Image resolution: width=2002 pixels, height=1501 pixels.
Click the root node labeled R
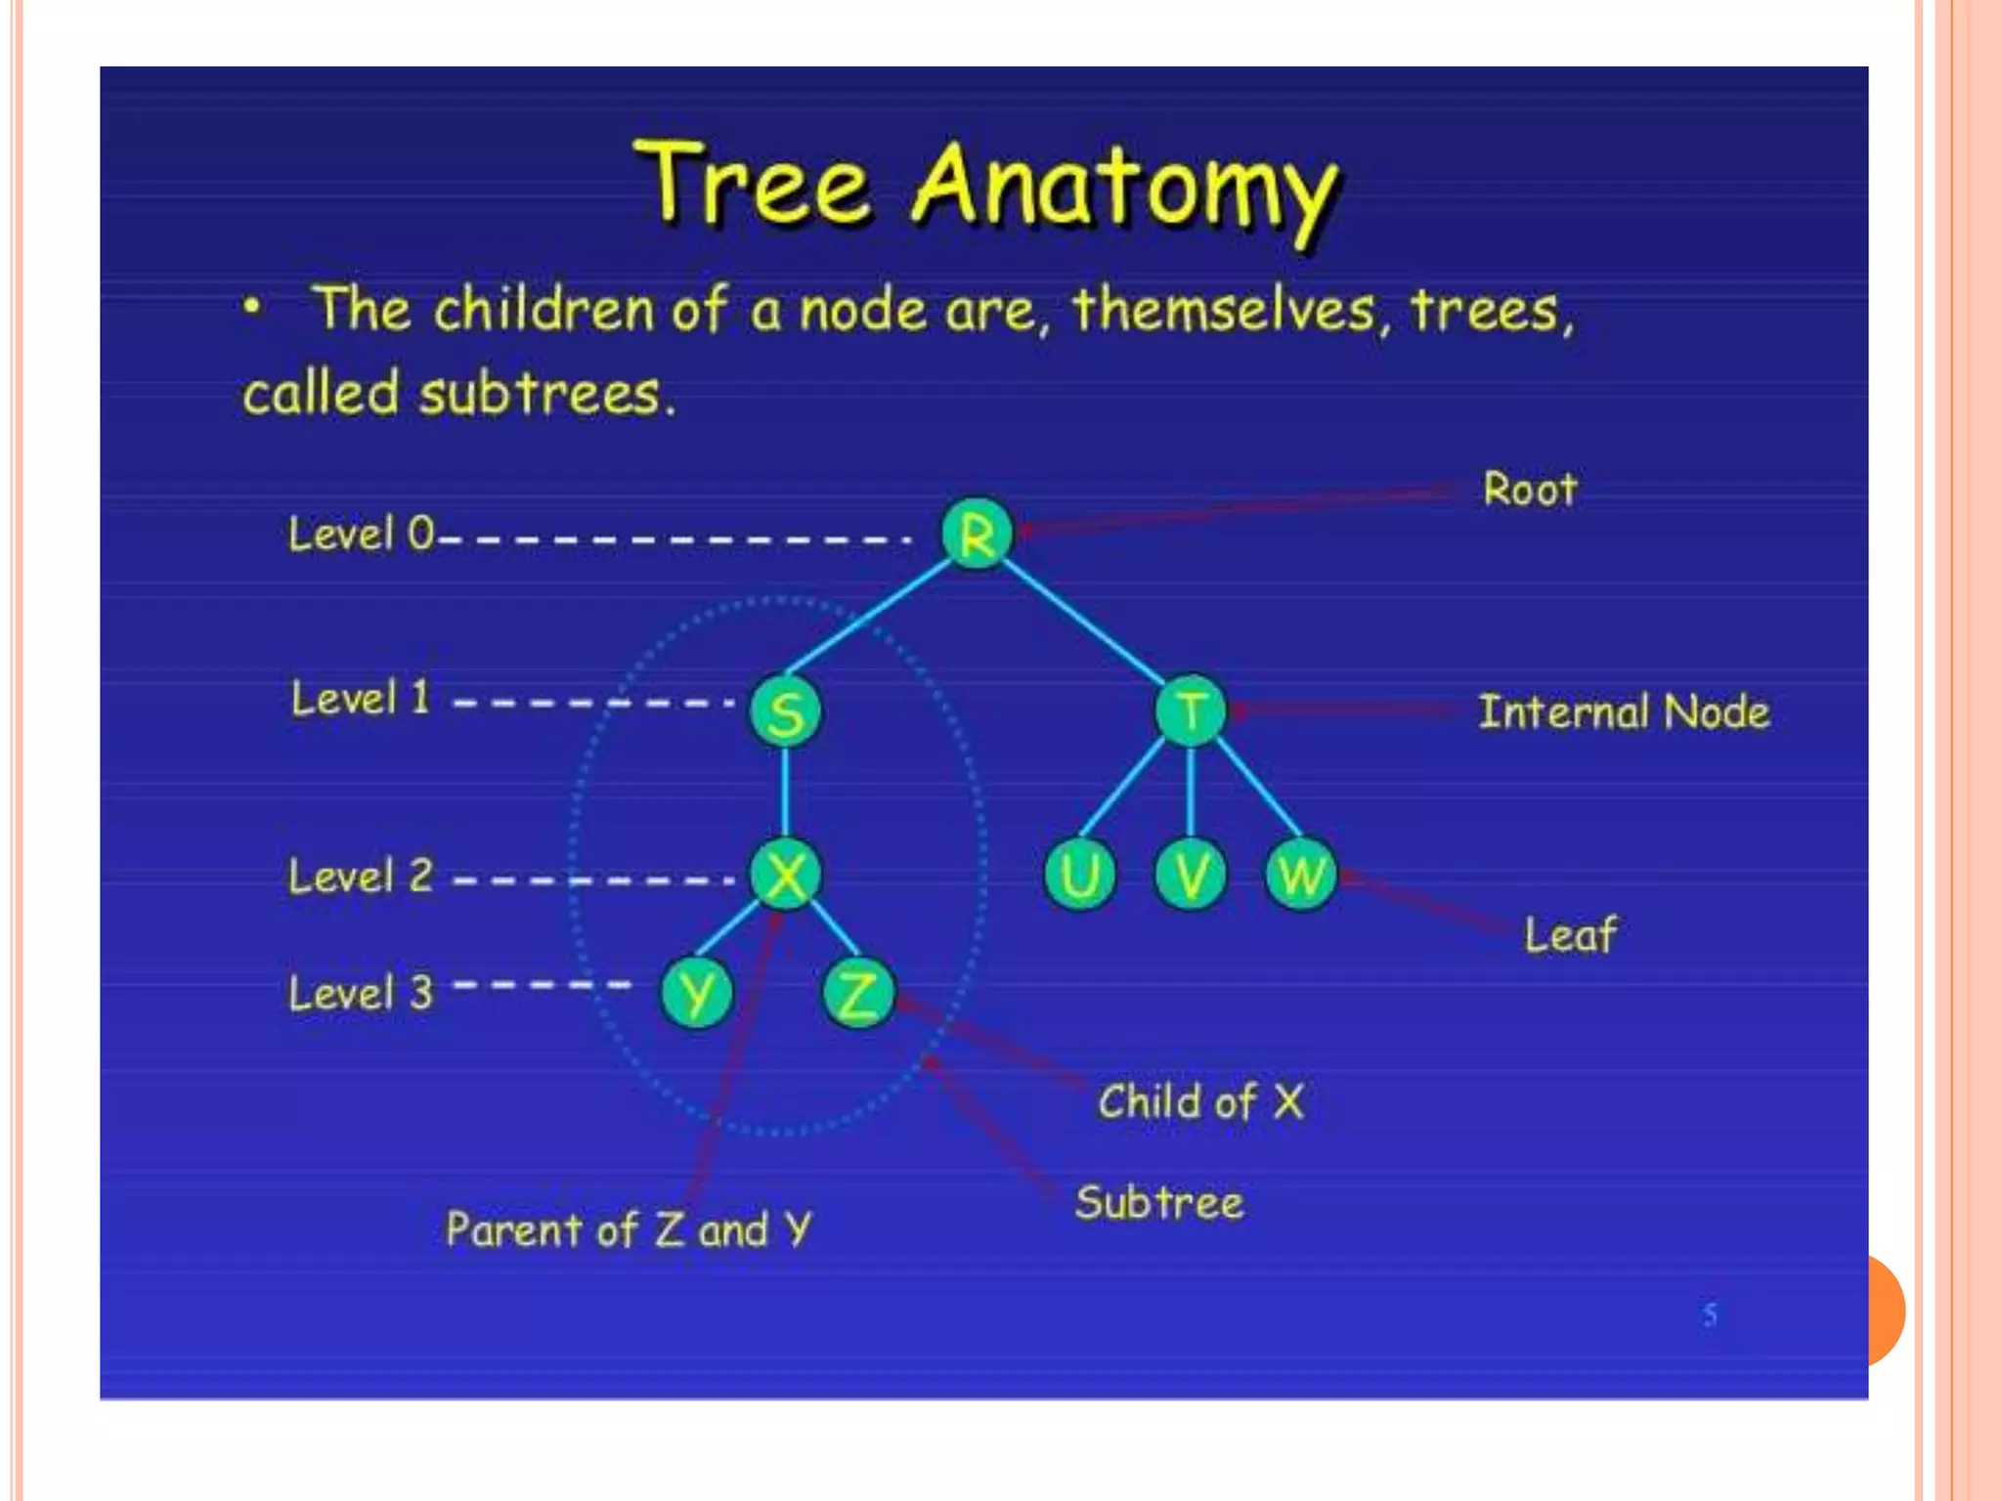pyautogui.click(x=977, y=534)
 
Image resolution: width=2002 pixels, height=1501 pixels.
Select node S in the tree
pyautogui.click(x=786, y=711)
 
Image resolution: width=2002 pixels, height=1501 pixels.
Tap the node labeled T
pyautogui.click(x=1191, y=710)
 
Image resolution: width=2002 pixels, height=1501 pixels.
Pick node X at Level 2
pyautogui.click(x=786, y=875)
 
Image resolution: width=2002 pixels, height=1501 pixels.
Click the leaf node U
pyautogui.click(x=1079, y=875)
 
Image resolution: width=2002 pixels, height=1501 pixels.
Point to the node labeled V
pyautogui.click(x=1191, y=875)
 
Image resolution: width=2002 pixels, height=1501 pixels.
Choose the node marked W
pyautogui.click(x=1301, y=875)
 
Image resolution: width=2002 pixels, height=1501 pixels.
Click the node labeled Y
pyautogui.click(x=697, y=994)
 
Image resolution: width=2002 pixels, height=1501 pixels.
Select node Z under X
pyautogui.click(x=858, y=994)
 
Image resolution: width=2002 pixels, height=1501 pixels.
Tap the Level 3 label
pyautogui.click(x=361, y=993)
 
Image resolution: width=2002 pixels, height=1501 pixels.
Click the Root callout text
pyautogui.click(x=1530, y=489)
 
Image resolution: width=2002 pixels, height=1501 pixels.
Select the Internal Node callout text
pyautogui.click(x=1624, y=711)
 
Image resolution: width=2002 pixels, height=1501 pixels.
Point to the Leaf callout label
pyautogui.click(x=1570, y=934)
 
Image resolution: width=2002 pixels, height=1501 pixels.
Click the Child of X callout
pyautogui.click(x=1200, y=1102)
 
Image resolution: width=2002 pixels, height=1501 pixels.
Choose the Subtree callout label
pyautogui.click(x=1159, y=1202)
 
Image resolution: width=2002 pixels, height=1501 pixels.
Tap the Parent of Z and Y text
pyautogui.click(x=629, y=1229)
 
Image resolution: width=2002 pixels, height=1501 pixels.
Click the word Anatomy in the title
pyautogui.click(x=1124, y=188)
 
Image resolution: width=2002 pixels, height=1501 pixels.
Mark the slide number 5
pyautogui.click(x=1710, y=1314)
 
